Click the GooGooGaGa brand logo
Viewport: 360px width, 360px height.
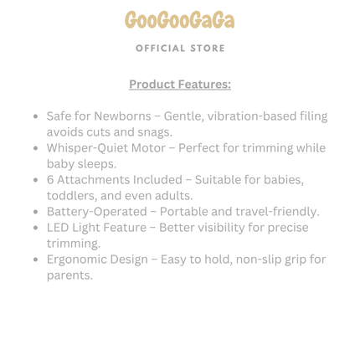180,20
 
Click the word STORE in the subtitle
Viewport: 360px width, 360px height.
207,49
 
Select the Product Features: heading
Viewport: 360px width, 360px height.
180,85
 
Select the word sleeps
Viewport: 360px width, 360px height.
98,164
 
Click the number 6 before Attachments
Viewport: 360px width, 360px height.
51,180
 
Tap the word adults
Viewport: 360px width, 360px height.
173,196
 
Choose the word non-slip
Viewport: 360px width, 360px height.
250,260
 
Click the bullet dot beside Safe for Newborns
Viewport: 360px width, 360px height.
34,117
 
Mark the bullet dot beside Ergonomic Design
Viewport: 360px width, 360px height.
34,260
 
